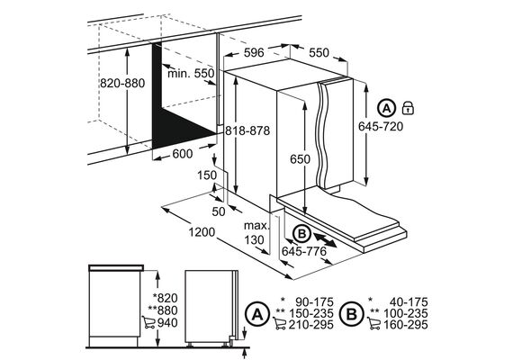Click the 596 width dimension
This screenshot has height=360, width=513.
pos(254,52)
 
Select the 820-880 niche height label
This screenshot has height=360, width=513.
pos(122,83)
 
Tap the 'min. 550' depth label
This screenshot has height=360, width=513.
pos(191,73)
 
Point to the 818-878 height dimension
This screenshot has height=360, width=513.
pos(247,130)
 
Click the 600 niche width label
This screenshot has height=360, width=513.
pos(183,154)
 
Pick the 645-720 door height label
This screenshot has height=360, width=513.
pos(381,126)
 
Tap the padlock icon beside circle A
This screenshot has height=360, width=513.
pos(408,108)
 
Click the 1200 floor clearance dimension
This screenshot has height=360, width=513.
pos(202,232)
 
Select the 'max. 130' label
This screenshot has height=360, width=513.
pos(256,233)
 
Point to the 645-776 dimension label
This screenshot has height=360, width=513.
pos(304,251)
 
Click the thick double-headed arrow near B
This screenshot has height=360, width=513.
pos(325,240)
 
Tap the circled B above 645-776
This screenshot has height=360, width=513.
pos(301,234)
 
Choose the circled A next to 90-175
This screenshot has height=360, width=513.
pos(257,314)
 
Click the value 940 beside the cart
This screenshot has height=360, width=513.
pos(167,323)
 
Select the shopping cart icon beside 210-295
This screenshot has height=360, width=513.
pos(281,324)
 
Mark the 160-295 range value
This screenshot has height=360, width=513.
pos(405,325)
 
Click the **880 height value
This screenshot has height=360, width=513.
pos(163,310)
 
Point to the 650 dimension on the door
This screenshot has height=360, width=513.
pos(300,159)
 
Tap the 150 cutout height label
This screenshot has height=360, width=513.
pos(207,175)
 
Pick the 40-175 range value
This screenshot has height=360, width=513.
pos(409,302)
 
